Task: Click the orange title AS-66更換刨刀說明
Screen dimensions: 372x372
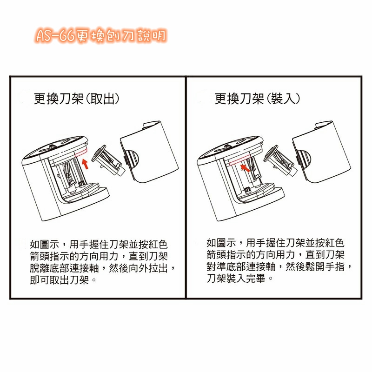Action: (x=101, y=36)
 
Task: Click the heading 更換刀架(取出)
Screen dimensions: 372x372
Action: (x=76, y=99)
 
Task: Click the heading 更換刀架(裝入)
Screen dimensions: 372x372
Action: (x=257, y=99)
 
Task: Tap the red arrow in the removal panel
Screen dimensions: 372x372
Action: (x=85, y=164)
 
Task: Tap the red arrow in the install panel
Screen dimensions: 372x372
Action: (x=246, y=168)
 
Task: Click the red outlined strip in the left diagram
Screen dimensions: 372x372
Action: (x=81, y=152)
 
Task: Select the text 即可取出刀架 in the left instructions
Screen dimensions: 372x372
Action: (x=60, y=280)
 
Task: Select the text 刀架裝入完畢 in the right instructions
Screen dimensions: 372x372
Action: (x=236, y=278)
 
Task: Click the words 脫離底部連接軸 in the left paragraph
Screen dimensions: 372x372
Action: (x=64, y=268)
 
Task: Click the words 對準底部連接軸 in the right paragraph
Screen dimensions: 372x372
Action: (x=241, y=266)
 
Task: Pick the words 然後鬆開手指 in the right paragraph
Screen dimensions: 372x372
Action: (x=315, y=266)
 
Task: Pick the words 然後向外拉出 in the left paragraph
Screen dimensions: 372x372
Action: (x=138, y=268)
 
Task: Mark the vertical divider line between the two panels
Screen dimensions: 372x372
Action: (x=186, y=187)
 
